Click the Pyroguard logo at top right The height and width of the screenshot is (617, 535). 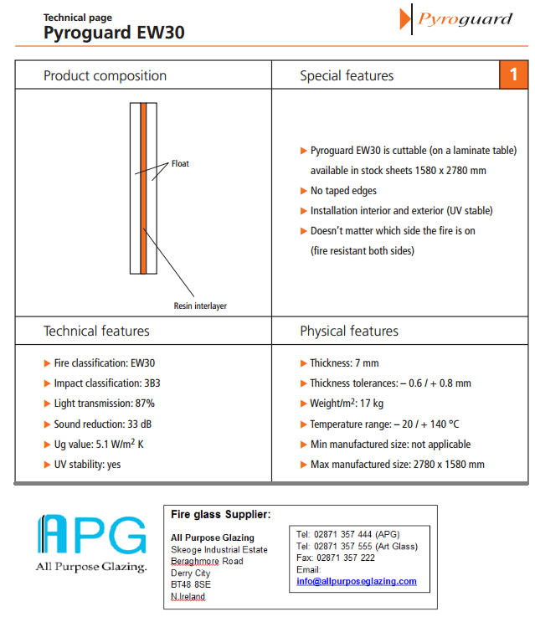pos(457,19)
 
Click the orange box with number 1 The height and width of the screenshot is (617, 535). pos(514,75)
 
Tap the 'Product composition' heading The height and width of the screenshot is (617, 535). pos(105,76)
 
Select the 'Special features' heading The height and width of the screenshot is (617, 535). pos(347,76)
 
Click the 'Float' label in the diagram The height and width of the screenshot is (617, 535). pos(180,164)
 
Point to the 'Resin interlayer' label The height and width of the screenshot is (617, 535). pos(200,306)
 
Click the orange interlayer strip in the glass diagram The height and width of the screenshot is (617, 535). pos(144,188)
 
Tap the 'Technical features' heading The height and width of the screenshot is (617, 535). pos(96,332)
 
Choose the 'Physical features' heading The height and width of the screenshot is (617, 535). pos(349,332)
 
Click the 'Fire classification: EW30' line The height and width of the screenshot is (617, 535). pos(104,363)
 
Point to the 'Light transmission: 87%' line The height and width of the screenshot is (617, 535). pos(104,404)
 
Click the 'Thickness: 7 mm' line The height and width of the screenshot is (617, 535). pos(344,363)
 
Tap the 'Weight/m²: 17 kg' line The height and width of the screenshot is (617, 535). pos(347,404)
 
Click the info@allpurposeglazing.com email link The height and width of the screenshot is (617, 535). pos(356,581)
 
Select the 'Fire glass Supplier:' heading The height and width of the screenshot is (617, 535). pos(220,514)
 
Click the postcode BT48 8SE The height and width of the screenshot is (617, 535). pos(191,584)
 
